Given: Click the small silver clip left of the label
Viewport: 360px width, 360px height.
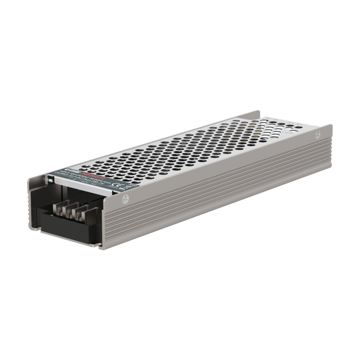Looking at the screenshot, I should click(50, 179).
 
